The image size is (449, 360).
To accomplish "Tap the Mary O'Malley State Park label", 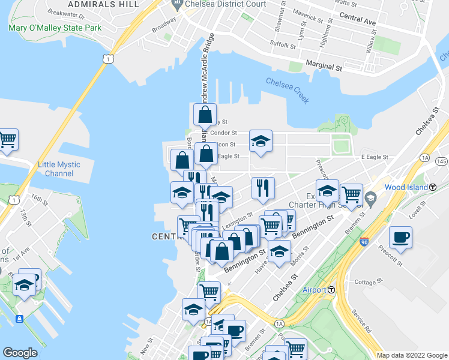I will tap(55, 28).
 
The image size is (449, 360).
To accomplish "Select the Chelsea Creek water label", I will tap(288, 91).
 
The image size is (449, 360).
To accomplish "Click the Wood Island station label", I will tap(406, 187).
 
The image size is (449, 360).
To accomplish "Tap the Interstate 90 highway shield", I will tap(364, 242).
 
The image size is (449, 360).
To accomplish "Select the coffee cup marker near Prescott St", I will tap(400, 236).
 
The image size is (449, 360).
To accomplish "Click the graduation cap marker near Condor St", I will tap(261, 140).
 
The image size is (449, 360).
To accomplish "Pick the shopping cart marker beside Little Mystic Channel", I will tap(7, 139).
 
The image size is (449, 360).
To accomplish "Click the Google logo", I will tap(20, 353).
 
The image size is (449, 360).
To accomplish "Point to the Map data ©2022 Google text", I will tap(411, 355).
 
